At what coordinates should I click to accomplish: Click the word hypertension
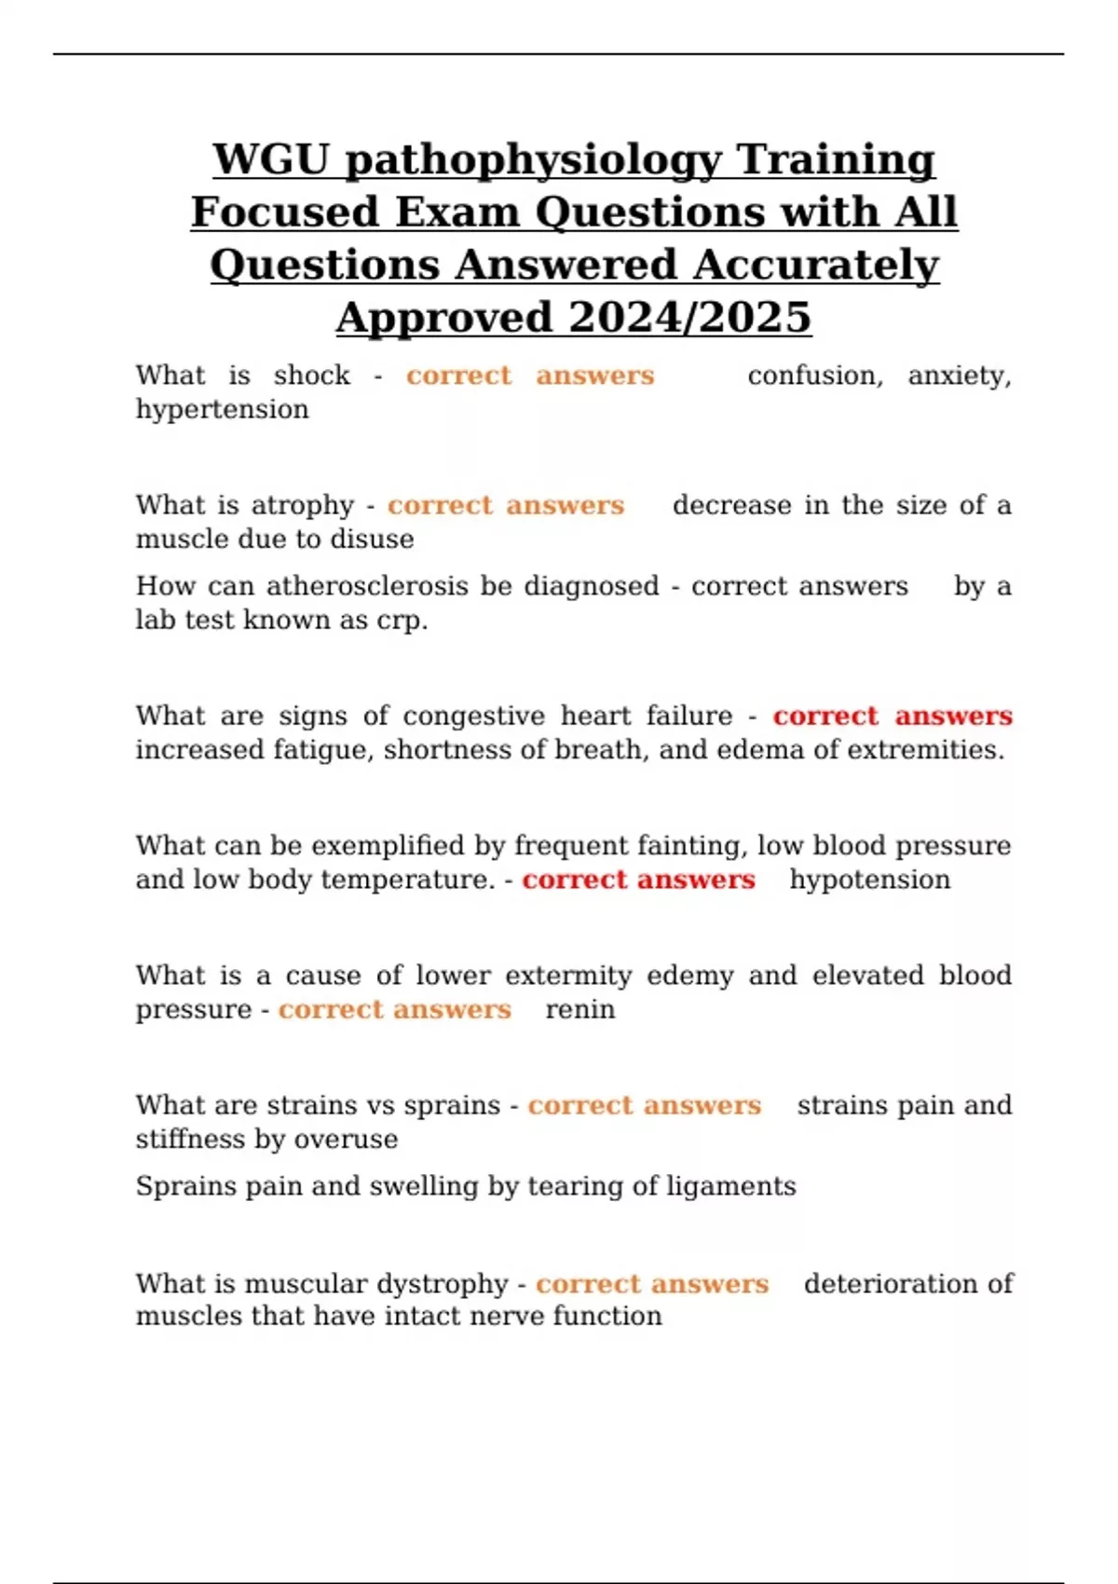pyautogui.click(x=222, y=410)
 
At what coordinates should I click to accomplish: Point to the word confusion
pyautogui.click(x=814, y=376)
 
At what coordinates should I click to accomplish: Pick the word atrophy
pyautogui.click(x=302, y=506)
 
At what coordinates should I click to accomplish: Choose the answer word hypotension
pyautogui.click(x=869, y=881)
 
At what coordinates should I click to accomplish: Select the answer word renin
pyautogui.click(x=579, y=1010)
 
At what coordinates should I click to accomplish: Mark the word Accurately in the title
pyautogui.click(x=815, y=266)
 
